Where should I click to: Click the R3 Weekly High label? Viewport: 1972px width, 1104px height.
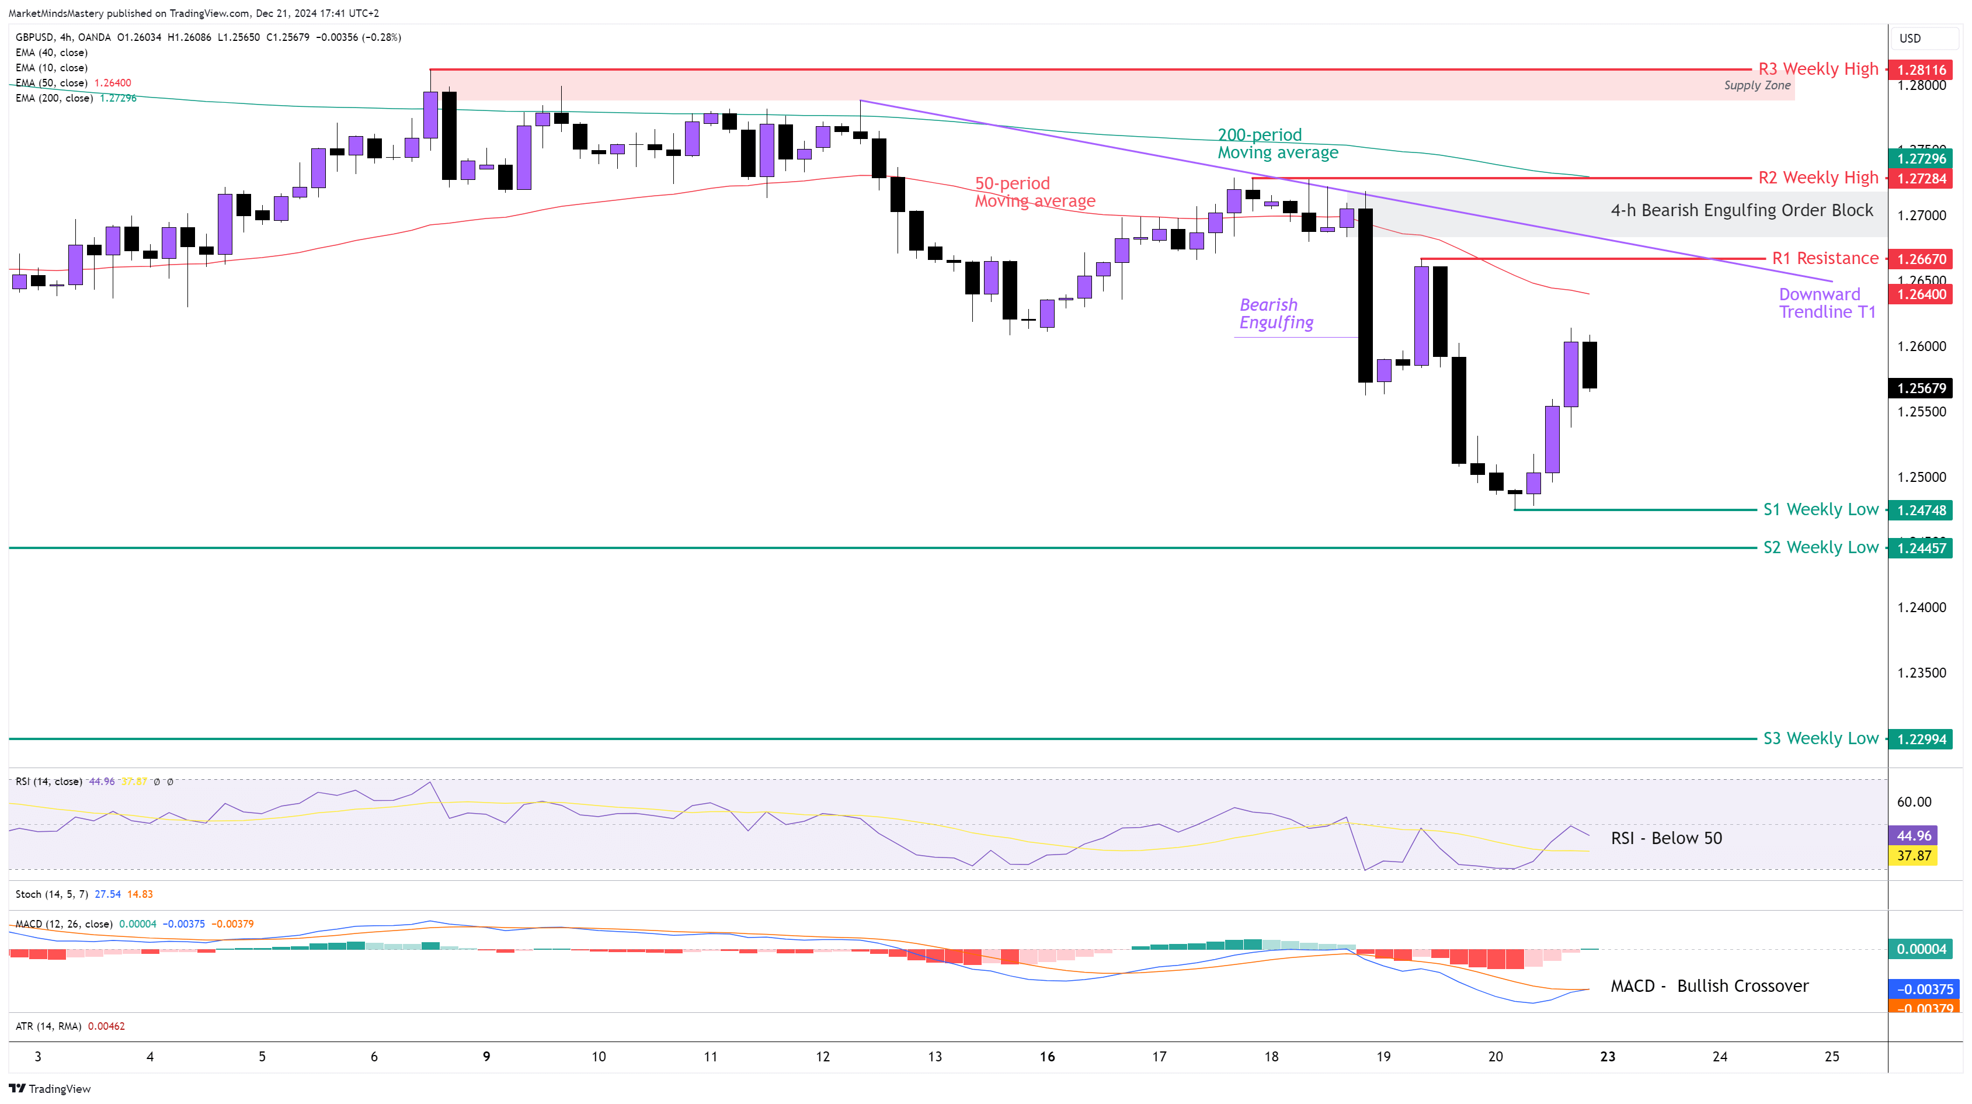click(1817, 69)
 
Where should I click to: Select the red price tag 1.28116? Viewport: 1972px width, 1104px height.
click(1921, 70)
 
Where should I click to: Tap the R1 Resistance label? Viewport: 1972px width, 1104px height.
click(1825, 259)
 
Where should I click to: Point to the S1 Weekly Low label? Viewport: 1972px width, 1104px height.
click(1820, 510)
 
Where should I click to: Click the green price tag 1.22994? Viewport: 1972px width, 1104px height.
click(1921, 740)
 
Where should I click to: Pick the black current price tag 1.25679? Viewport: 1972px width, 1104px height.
click(1921, 388)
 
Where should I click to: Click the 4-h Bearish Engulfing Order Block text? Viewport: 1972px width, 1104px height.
click(1741, 210)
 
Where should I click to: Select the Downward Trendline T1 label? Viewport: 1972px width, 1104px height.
click(1827, 303)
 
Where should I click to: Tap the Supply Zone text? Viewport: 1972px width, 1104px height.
click(1757, 86)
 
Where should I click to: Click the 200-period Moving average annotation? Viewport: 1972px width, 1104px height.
click(1278, 144)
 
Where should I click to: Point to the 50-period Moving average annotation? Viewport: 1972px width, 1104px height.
click(1034, 192)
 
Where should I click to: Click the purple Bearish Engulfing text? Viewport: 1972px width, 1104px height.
click(1276, 314)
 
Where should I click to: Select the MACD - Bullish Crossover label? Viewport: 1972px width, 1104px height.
click(1709, 986)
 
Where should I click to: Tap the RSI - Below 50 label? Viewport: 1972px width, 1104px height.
click(1666, 838)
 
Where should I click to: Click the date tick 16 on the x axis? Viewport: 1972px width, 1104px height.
click(1047, 1057)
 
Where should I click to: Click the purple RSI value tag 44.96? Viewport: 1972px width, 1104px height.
click(1913, 836)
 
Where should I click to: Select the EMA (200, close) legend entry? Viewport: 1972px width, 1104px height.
click(54, 99)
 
